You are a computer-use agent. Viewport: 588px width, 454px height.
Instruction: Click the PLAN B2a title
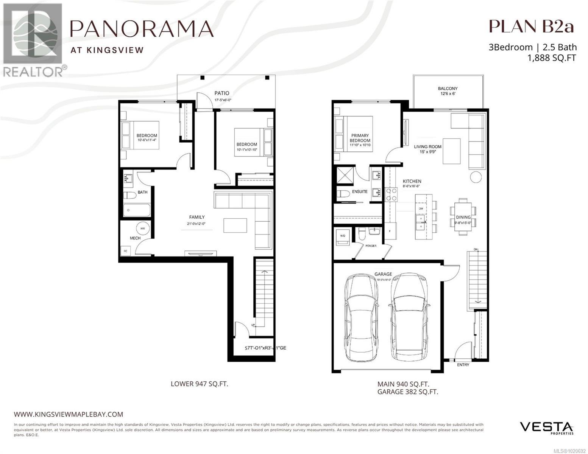tap(531, 26)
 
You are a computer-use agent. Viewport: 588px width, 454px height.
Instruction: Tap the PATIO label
tap(222, 93)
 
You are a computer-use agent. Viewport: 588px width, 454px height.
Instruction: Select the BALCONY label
tap(448, 89)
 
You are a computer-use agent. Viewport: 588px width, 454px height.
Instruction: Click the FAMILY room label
tap(197, 217)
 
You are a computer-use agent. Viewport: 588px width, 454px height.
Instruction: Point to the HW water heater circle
tap(143, 229)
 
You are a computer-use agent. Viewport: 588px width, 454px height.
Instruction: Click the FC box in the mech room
tap(125, 251)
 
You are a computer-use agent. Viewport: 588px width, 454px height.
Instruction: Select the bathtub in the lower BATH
tap(137, 210)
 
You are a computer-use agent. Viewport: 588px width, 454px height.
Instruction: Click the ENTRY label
tap(463, 365)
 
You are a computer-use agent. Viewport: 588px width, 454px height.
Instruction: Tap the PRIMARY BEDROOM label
tap(360, 138)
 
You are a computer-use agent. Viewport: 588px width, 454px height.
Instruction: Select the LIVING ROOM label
tap(427, 147)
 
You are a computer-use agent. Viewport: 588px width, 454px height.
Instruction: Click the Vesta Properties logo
tap(546, 428)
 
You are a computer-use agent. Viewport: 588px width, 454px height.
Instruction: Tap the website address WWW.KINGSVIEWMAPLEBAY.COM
tap(69, 414)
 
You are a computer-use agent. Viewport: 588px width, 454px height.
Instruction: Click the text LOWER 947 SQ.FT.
tap(199, 384)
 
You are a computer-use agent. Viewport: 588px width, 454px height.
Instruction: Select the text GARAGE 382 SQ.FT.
tap(407, 392)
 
